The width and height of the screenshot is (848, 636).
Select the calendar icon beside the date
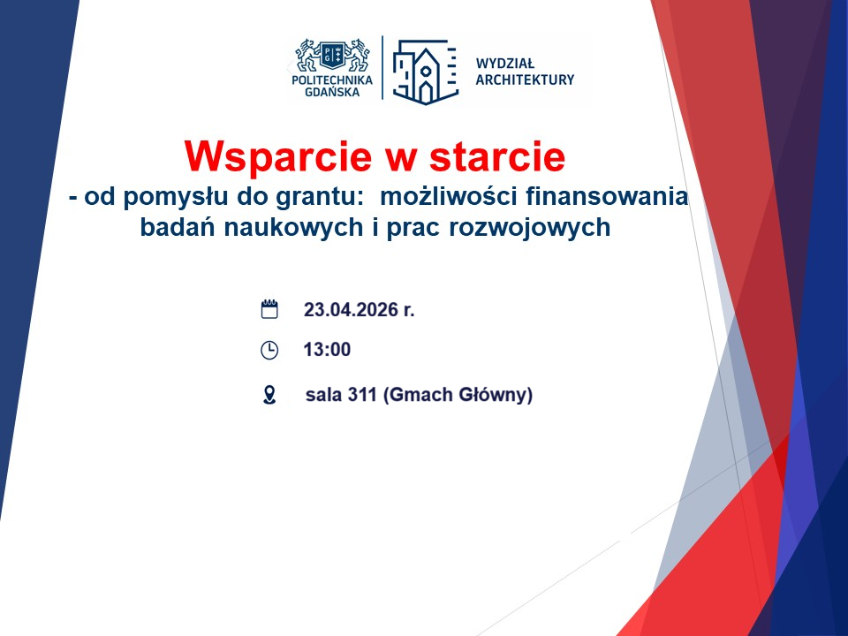(x=269, y=309)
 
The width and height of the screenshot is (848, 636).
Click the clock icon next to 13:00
(x=269, y=350)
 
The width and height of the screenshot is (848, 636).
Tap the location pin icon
(x=269, y=395)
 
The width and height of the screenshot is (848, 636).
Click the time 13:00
(x=327, y=350)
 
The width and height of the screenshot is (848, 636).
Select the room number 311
(x=362, y=395)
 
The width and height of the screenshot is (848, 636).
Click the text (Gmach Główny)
(x=458, y=395)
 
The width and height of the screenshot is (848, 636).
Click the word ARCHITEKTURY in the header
(x=525, y=79)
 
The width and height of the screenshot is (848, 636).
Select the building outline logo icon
(x=425, y=70)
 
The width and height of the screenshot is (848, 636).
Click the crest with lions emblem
(x=331, y=55)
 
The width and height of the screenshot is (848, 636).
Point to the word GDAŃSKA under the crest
(x=331, y=92)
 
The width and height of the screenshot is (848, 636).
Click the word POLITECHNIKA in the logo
(x=331, y=79)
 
